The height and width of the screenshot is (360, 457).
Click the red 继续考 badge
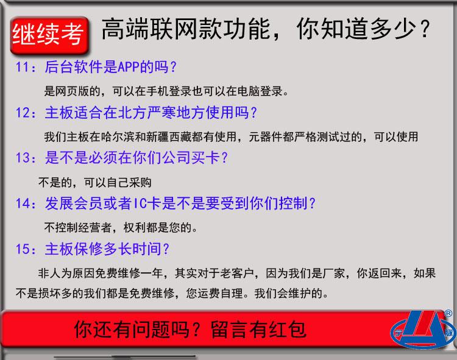[x=49, y=35]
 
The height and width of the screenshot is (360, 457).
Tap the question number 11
[x=22, y=67]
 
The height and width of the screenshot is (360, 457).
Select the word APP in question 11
[x=129, y=67]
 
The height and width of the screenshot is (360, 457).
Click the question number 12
[x=22, y=113]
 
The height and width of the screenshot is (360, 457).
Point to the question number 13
[x=22, y=158]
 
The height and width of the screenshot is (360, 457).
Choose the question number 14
[x=22, y=203]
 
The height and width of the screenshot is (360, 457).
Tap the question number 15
[x=22, y=249]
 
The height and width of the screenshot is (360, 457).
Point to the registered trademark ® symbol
[x=448, y=313]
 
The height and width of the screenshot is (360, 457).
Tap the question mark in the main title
[x=425, y=29]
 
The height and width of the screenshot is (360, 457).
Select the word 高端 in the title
[x=126, y=29]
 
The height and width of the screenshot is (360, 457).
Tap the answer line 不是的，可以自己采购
[x=95, y=182]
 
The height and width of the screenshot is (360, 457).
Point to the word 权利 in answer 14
[x=135, y=227]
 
